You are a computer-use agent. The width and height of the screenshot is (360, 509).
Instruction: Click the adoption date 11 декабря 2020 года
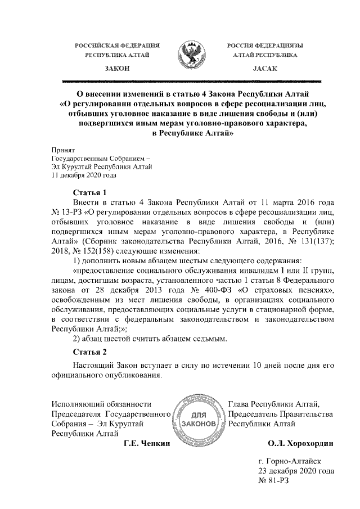[84, 175]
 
